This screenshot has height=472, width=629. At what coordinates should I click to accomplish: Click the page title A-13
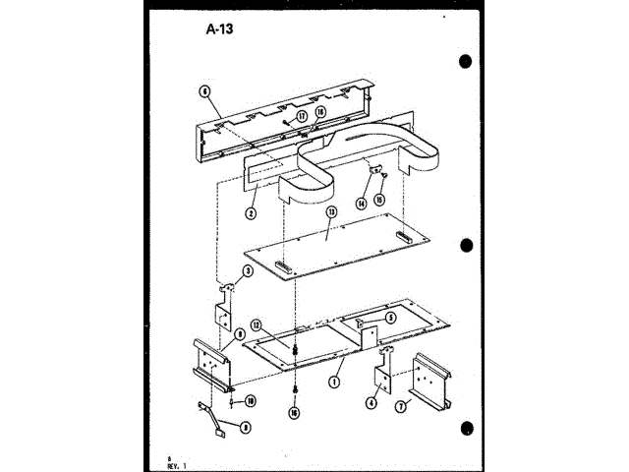[x=221, y=28]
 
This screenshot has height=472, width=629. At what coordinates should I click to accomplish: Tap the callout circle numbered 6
[x=204, y=90]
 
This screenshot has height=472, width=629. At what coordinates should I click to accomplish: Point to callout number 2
[x=252, y=212]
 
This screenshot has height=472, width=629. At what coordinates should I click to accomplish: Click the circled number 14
[x=362, y=203]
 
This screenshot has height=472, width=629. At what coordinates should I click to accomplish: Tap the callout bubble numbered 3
[x=248, y=270]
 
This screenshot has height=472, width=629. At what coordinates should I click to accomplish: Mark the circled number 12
[x=255, y=324]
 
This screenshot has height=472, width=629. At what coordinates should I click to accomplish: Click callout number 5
[x=390, y=318]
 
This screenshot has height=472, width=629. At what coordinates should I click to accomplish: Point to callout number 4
[x=372, y=401]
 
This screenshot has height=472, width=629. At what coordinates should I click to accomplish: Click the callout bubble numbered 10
[x=251, y=400]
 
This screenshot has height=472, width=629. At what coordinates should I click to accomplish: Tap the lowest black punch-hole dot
[x=467, y=428]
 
